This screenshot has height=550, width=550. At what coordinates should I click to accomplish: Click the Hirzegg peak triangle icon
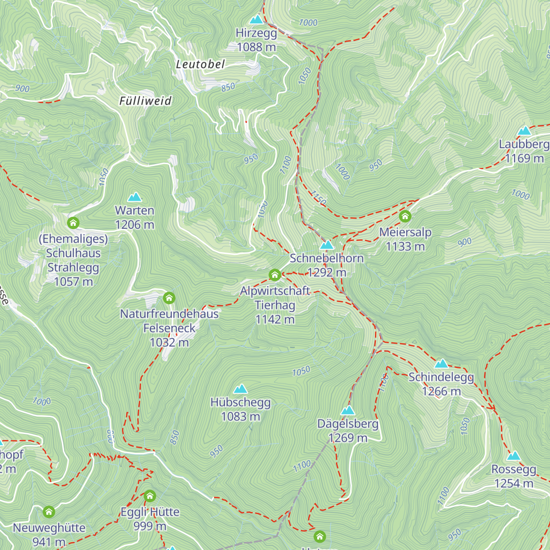tap(256, 20)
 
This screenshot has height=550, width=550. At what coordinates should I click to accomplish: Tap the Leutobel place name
tap(200, 65)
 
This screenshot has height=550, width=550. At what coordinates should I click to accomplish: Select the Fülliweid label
tap(145, 101)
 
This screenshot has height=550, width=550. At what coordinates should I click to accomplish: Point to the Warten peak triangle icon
tap(134, 197)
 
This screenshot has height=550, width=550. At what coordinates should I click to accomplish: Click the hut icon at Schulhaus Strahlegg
tap(73, 223)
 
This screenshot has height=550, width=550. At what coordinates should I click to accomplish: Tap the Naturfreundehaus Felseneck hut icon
tap(169, 298)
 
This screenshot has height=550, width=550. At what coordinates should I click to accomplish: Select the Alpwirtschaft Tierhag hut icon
tap(275, 275)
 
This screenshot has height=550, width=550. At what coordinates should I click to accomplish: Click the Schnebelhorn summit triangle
tap(326, 245)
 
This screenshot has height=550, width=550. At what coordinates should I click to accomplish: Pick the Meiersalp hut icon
tap(405, 216)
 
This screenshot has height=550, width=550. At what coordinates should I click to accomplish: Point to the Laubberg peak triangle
tap(524, 131)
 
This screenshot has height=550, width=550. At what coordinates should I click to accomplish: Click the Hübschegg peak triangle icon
tap(240, 389)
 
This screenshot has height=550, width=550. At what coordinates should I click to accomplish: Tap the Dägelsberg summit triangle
tap(348, 410)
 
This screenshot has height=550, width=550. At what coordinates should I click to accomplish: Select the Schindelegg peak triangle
tap(441, 364)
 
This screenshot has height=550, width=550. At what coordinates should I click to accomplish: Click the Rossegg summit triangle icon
tap(513, 456)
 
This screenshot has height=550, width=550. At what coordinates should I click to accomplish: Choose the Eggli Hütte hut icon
tap(150, 496)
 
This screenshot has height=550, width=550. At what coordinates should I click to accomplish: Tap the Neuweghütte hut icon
tap(49, 511)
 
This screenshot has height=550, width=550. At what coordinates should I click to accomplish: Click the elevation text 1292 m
tap(327, 273)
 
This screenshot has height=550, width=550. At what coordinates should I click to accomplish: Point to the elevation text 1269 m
tap(348, 438)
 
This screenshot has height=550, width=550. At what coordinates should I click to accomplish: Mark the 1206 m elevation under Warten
tap(134, 225)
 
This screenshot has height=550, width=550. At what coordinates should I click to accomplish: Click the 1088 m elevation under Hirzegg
tap(256, 47)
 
